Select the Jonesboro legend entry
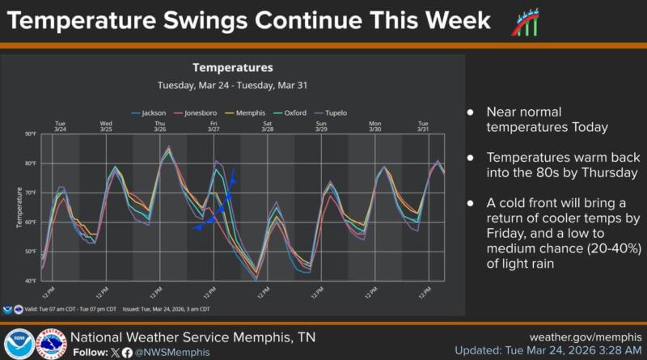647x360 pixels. point(200,112)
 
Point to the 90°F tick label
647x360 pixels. point(30,134)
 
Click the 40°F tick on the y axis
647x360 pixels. point(30,281)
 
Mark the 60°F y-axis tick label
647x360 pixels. point(30,222)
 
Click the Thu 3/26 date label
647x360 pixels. point(160,126)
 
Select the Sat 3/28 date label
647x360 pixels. point(268,126)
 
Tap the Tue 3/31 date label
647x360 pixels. point(423,126)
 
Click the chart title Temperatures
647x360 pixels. point(233,67)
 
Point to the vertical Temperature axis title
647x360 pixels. point(19,207)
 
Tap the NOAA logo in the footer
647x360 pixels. point(17,343)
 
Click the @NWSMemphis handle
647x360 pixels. point(172,353)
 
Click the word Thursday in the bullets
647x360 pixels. point(607,173)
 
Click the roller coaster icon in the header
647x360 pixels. point(523,22)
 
